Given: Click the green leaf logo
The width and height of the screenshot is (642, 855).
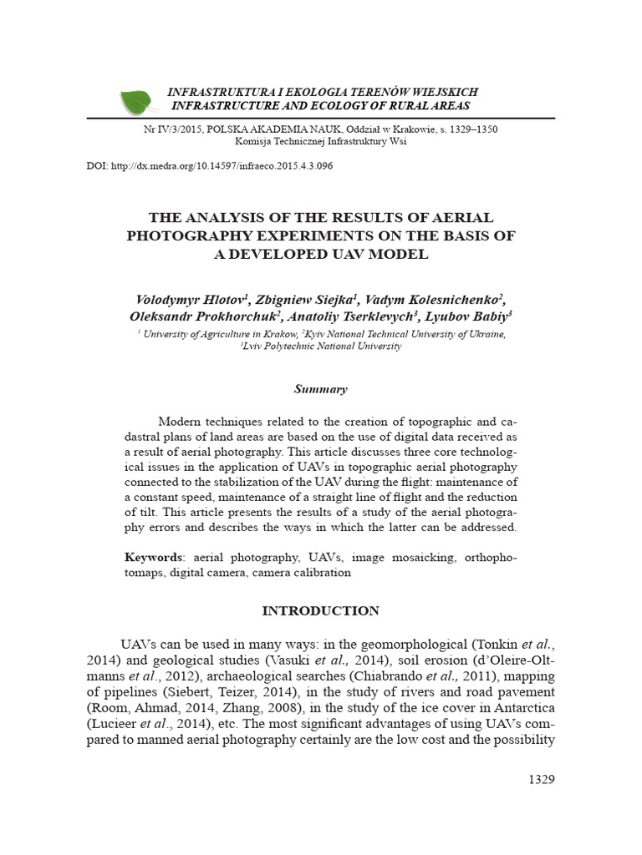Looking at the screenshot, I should pyautogui.click(x=139, y=101).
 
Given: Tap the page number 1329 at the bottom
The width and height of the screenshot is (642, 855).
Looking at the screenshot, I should pyautogui.click(x=542, y=780).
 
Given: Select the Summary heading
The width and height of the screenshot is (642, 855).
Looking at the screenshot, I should pyautogui.click(x=320, y=389).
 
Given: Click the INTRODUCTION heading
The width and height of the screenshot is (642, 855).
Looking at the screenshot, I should pyautogui.click(x=320, y=611).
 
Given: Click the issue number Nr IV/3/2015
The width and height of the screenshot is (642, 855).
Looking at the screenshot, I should pyautogui.click(x=173, y=130).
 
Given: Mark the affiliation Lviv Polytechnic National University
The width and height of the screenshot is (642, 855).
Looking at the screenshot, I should pyautogui.click(x=321, y=346).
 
